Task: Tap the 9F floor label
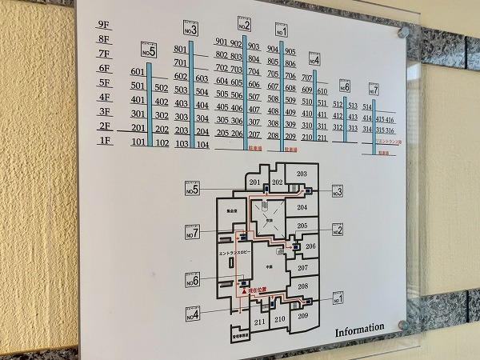[x=102, y=24]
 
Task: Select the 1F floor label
[x=104, y=141]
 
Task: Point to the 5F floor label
[x=103, y=82]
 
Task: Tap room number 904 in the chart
[x=274, y=49]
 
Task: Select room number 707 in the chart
[x=308, y=77]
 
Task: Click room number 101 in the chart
[x=138, y=143]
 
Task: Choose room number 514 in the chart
[x=367, y=106]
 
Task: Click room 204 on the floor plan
[x=302, y=207]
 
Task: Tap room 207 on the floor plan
[x=302, y=267]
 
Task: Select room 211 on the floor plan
[x=259, y=322]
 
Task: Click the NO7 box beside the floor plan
[x=192, y=233]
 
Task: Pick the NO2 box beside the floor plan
[x=336, y=230]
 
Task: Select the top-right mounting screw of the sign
[x=404, y=32]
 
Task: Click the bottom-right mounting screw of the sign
[x=402, y=326]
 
